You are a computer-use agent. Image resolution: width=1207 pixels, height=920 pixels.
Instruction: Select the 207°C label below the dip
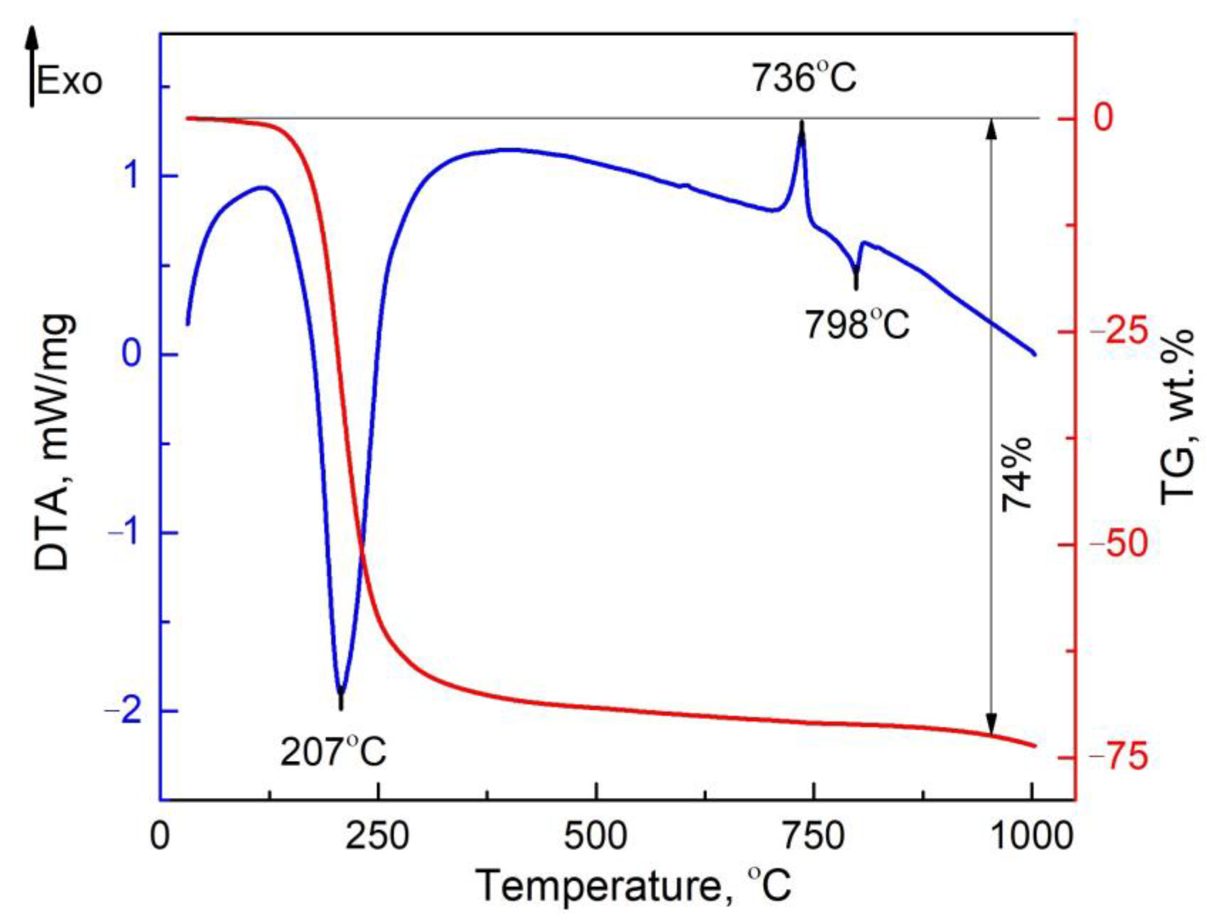pos(333,752)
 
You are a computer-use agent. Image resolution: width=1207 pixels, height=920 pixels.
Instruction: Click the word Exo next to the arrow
pos(70,82)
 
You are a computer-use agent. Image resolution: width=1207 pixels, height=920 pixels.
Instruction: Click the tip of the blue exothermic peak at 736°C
pos(801,124)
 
